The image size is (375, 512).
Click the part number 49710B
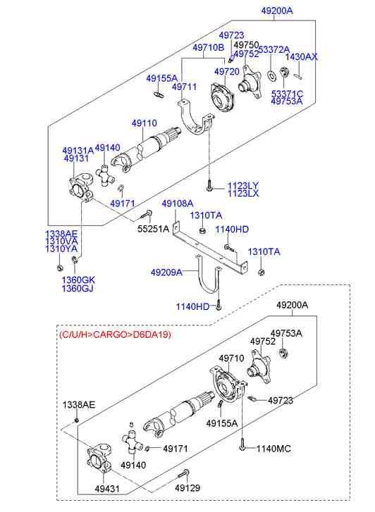click(x=208, y=47)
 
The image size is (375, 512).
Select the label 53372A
click(x=273, y=49)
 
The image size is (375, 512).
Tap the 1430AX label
click(x=302, y=56)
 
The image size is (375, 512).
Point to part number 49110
click(x=144, y=123)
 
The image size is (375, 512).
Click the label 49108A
click(x=178, y=204)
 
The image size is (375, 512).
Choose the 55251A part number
click(x=153, y=229)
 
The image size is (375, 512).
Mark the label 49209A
click(x=166, y=271)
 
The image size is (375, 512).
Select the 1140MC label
click(x=273, y=448)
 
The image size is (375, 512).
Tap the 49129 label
click(x=188, y=487)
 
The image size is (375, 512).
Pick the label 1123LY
click(x=242, y=185)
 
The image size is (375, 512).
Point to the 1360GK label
click(x=78, y=280)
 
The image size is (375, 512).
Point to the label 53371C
click(x=287, y=93)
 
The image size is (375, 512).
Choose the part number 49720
click(x=226, y=72)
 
